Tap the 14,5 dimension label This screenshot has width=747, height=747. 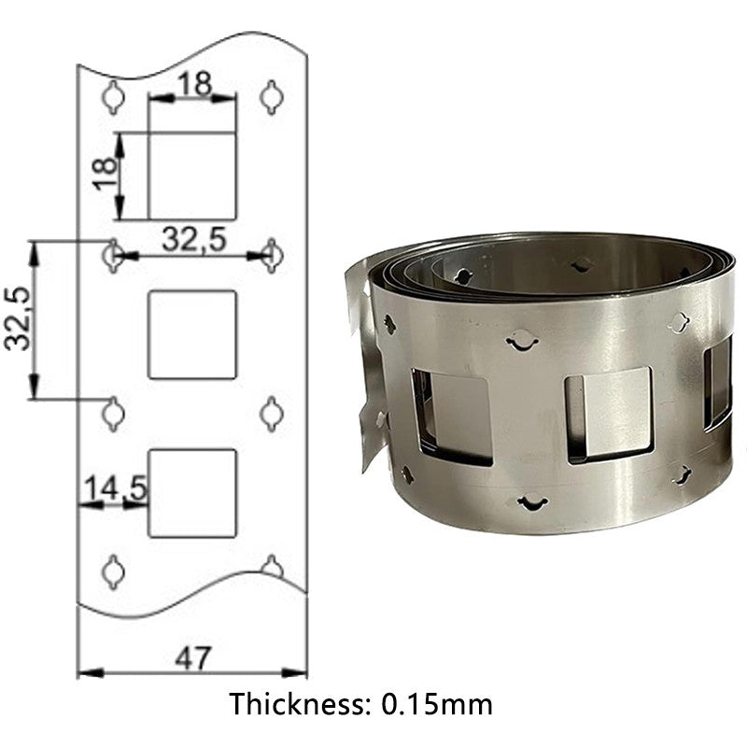click(113, 488)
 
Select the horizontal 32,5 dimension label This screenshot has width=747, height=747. click(193, 239)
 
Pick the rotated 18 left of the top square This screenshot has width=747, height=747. click(106, 174)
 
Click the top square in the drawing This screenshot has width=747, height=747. click(192, 176)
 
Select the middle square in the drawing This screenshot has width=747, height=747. click(192, 334)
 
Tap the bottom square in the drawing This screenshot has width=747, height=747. click(192, 493)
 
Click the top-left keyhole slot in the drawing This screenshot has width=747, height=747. click(113, 97)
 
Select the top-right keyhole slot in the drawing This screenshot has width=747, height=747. click(271, 97)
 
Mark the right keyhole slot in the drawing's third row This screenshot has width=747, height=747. click(271, 413)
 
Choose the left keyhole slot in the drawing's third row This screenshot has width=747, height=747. click(113, 413)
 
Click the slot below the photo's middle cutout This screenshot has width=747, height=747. click(532, 503)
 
